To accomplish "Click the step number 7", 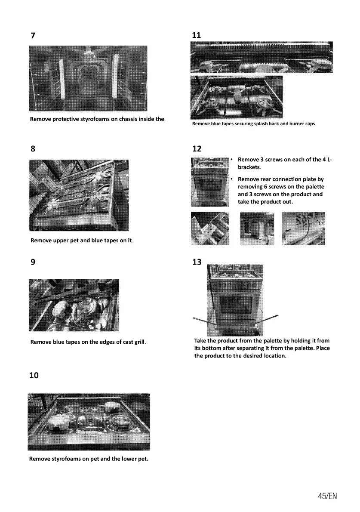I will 33,36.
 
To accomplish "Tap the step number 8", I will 33,149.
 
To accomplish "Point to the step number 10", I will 34,375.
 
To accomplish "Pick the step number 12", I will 197,149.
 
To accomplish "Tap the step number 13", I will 197,262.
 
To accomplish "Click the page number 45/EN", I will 327,496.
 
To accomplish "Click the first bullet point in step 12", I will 231,160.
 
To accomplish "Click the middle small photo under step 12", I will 257,228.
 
